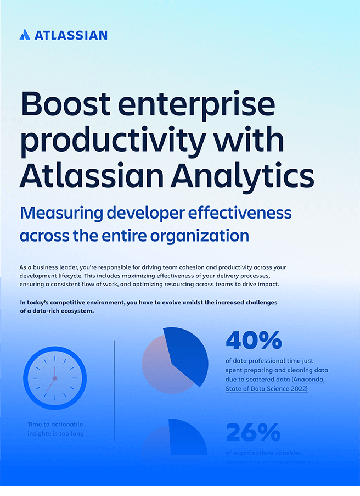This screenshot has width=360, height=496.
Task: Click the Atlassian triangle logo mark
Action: [x=25, y=35]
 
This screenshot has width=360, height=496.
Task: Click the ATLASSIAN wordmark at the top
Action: [x=71, y=35]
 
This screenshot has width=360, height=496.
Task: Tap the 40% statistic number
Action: [x=254, y=340]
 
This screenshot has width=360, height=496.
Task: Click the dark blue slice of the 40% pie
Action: [x=190, y=354]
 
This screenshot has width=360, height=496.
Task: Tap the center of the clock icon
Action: [x=55, y=378]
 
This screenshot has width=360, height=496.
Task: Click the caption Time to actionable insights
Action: [x=55, y=429]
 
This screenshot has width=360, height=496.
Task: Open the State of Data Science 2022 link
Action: [x=267, y=389]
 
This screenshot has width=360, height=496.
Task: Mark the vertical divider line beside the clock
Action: [x=114, y=390]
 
